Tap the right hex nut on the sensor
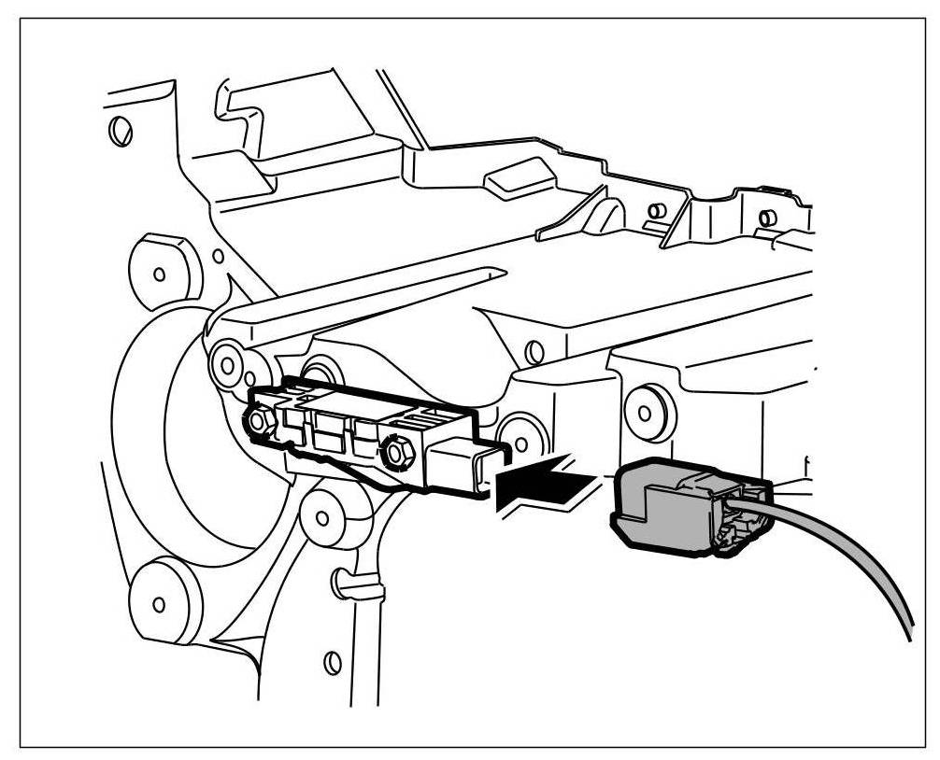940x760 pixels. [x=396, y=455]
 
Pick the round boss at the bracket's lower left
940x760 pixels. [x=160, y=602]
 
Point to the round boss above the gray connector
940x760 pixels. [x=643, y=409]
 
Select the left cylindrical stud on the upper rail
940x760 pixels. [x=658, y=212]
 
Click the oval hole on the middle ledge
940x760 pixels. [x=534, y=352]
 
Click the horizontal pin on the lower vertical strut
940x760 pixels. [x=358, y=589]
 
